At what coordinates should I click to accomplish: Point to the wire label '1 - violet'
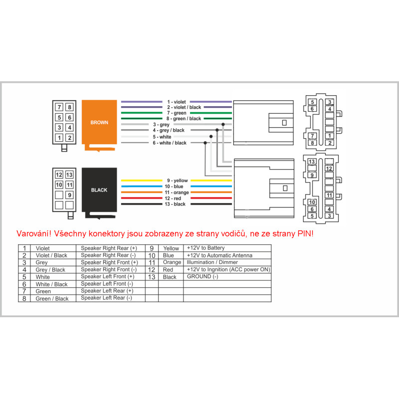(x=177, y=102)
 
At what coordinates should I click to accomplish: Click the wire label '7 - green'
(x=177, y=113)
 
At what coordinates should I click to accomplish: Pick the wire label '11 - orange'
(x=177, y=192)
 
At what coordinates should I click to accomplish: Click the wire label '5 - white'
(x=162, y=137)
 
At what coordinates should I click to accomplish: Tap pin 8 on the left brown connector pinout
(x=70, y=107)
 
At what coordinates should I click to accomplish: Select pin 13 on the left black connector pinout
(x=70, y=175)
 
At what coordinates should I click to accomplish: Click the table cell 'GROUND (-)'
(x=202, y=276)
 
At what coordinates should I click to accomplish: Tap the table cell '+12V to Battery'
(x=205, y=248)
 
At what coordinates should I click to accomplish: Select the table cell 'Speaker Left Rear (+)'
(x=107, y=291)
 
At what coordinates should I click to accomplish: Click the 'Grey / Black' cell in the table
(x=50, y=270)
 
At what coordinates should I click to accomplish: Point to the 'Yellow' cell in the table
(x=171, y=248)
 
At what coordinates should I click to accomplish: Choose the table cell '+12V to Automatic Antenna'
(x=219, y=255)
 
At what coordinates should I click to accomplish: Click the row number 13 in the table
(x=152, y=277)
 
